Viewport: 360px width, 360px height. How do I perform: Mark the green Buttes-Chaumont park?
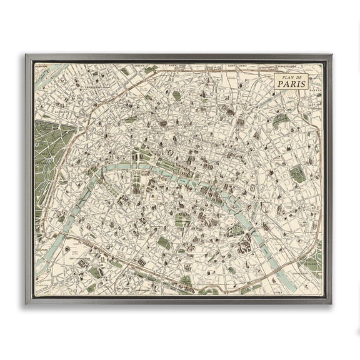[x=281, y=118]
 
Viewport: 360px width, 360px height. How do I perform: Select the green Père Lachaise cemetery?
[x=297, y=174]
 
